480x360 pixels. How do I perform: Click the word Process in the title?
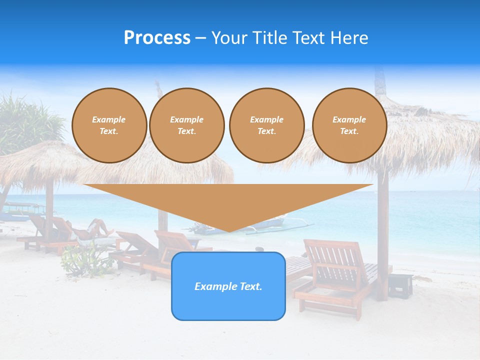point(157,38)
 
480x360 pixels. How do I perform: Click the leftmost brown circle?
point(109,125)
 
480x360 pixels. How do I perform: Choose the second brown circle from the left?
point(186,125)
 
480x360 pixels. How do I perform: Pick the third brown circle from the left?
point(266,125)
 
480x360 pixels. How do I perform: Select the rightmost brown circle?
point(349,125)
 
